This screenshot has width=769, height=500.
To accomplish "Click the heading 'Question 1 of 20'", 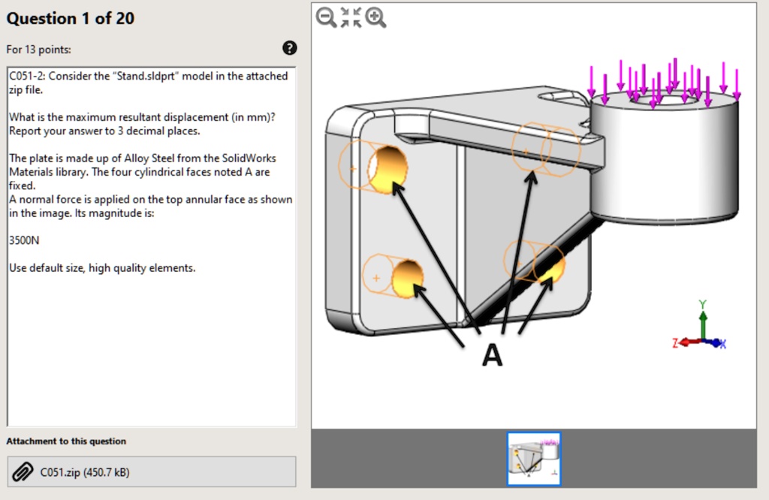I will pyautogui.click(x=71, y=19).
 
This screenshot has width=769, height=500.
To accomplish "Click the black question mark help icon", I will pyautogui.click(x=289, y=49).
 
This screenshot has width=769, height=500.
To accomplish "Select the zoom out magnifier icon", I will pyautogui.click(x=326, y=17).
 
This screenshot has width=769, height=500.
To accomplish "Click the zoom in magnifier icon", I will pyautogui.click(x=375, y=17).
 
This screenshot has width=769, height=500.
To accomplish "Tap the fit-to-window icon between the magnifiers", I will pyautogui.click(x=351, y=17).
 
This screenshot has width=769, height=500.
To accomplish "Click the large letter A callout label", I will pyautogui.click(x=492, y=355).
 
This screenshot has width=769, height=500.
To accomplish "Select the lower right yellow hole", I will pyautogui.click(x=550, y=267).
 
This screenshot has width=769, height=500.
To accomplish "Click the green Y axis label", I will pyautogui.click(x=703, y=305).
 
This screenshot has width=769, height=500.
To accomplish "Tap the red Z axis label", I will pyautogui.click(x=677, y=343).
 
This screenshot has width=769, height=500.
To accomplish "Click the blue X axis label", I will pyautogui.click(x=722, y=344).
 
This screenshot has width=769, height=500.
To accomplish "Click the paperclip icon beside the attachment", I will pyautogui.click(x=23, y=471).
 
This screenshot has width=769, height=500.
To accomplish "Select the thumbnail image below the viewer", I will pyautogui.click(x=533, y=458).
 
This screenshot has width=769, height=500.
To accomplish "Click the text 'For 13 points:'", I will pyautogui.click(x=39, y=50).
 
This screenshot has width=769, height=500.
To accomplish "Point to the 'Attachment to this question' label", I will pyautogui.click(x=66, y=441).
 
